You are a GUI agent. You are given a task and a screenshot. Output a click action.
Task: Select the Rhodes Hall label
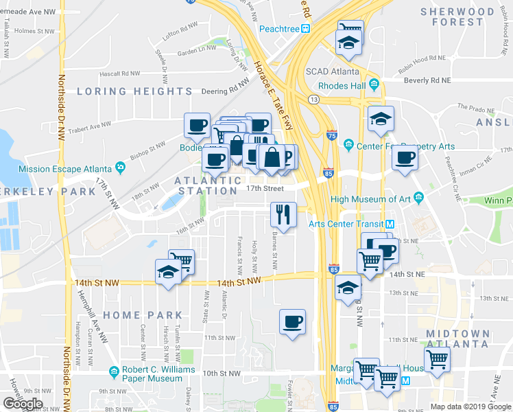[x=342, y=86]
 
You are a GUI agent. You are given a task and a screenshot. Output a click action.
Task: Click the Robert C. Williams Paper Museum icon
[x=115, y=373]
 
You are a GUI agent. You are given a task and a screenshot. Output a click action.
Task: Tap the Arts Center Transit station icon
[x=390, y=225]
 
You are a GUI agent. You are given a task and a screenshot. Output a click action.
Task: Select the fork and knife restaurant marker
[x=283, y=214]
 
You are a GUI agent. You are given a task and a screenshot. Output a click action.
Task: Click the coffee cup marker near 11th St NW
[x=293, y=321]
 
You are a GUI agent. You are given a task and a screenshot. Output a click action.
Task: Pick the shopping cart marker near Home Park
[x=181, y=261]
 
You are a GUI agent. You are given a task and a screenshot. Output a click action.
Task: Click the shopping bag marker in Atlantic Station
[x=272, y=157]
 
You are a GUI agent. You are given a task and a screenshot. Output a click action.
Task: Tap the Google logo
[x=23, y=404]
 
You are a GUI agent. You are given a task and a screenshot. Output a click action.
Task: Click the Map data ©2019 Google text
[x=470, y=407]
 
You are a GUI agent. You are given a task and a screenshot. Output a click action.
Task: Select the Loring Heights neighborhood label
[x=134, y=91]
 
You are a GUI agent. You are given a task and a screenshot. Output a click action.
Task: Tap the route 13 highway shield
[x=314, y=100]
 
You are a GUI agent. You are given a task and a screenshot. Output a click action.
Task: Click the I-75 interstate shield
[x=332, y=136]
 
